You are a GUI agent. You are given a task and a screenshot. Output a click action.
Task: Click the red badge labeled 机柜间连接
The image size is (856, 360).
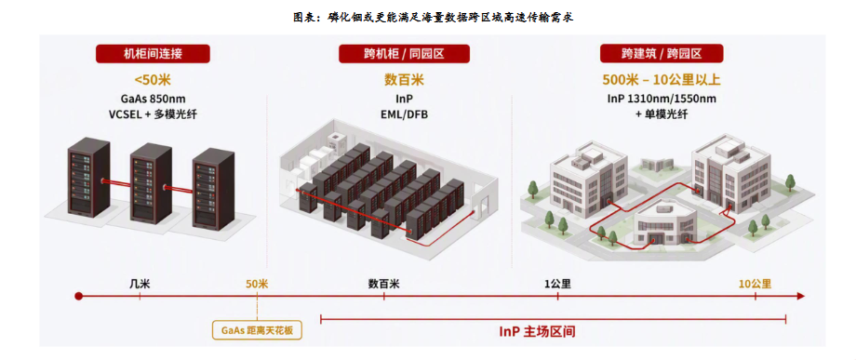coord(153,53)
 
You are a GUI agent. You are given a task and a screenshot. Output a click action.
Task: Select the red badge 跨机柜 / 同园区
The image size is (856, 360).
coord(404,53)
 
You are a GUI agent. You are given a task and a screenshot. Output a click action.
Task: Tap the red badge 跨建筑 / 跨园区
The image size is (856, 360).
coord(662,53)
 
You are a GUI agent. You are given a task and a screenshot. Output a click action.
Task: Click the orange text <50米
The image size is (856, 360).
coord(153,80)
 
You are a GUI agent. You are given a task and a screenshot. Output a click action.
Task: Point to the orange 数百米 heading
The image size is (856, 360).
coord(404,80)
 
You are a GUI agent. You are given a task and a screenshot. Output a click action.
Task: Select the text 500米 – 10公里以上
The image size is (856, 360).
coord(662,80)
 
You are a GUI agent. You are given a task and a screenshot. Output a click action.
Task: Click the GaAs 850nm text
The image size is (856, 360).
coord(153,100)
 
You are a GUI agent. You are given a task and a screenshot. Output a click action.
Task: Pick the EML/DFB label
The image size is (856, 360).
coord(404,114)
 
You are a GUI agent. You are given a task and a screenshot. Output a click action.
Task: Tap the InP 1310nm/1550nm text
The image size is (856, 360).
coord(662,100)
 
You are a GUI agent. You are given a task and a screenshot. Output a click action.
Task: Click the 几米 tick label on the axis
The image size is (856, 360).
coord(140,284)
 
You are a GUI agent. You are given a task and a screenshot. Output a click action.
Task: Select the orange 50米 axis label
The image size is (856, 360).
coord(257,284)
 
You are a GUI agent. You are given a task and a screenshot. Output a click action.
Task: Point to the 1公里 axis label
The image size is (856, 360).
coord(557,284)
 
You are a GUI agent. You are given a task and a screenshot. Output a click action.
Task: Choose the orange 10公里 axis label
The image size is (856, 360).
coord(755,284)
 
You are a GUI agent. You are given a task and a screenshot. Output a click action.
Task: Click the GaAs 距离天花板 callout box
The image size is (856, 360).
coord(257,330)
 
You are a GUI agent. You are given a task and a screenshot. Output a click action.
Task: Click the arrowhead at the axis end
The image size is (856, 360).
coord(801,296)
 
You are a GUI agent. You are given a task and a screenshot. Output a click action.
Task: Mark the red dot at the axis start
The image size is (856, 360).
coord(78,296)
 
